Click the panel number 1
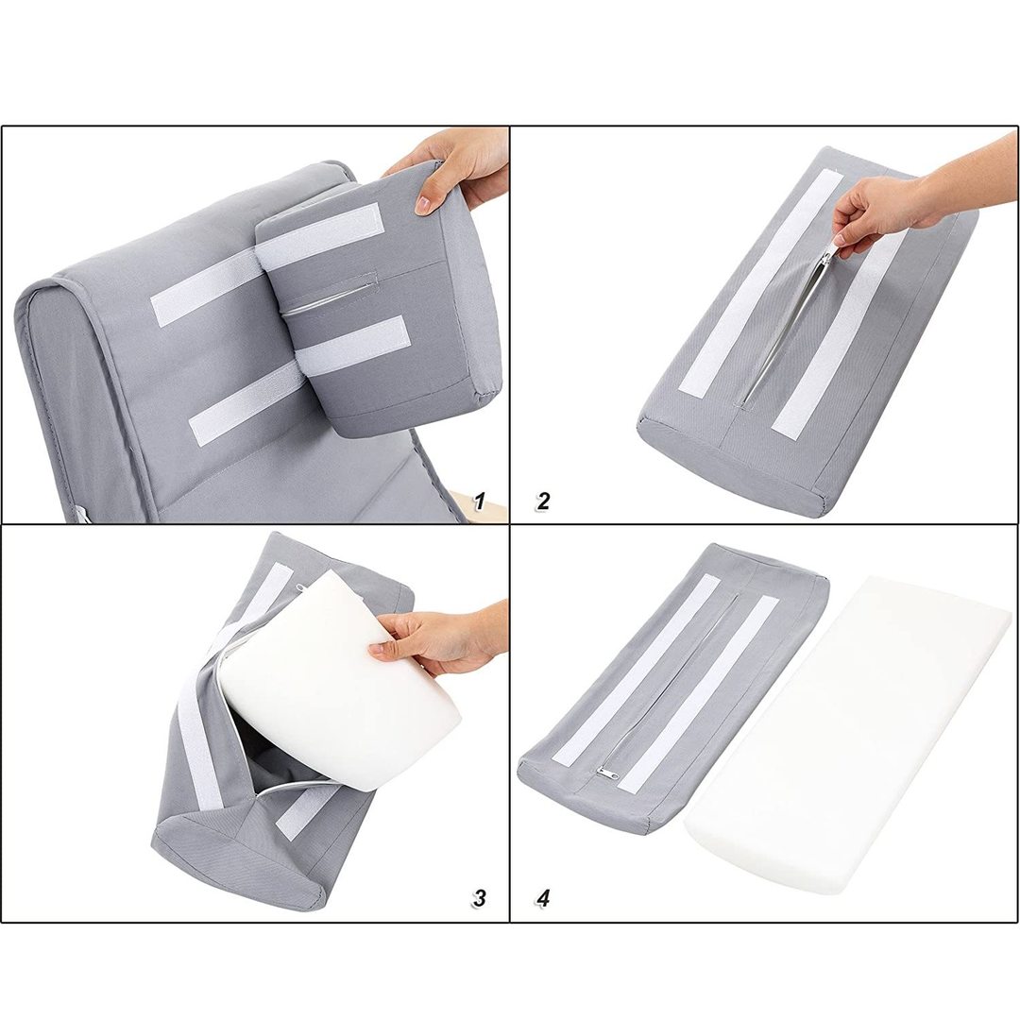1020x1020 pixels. (480, 501)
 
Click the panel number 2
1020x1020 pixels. (542, 501)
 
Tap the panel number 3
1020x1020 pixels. (479, 898)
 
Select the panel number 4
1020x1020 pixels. (543, 898)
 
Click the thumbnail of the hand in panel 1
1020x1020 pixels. (423, 206)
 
